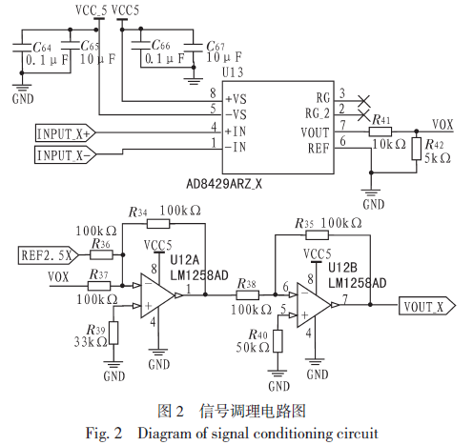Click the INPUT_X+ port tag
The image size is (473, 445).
pyautogui.click(x=65, y=132)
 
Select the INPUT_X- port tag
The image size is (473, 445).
pyautogui.click(x=65, y=154)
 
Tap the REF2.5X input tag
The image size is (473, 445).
pyautogui.click(x=49, y=255)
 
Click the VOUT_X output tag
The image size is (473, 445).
pyautogui.click(x=427, y=306)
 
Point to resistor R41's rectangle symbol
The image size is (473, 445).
pyautogui.click(x=380, y=131)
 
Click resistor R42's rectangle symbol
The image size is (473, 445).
pyautogui.click(x=417, y=149)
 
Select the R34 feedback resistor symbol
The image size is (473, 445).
pyautogui.click(x=158, y=224)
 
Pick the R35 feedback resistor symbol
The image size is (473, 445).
pyautogui.click(x=317, y=235)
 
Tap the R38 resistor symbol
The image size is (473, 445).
pyautogui.click(x=248, y=295)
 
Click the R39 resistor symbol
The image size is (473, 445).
pyautogui.click(x=113, y=333)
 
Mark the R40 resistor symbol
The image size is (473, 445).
pyautogui.click(x=278, y=341)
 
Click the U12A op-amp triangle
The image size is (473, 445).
pyautogui.click(x=157, y=295)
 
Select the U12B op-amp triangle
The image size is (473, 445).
pyautogui.click(x=314, y=305)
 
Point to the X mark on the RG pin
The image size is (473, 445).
pyautogui.click(x=364, y=101)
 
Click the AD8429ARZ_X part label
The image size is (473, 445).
pyautogui.click(x=224, y=184)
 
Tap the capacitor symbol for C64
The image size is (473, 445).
pyautogui.click(x=22, y=48)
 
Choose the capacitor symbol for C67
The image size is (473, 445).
pyautogui.click(x=194, y=48)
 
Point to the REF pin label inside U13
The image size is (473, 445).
pyautogui.click(x=319, y=149)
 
